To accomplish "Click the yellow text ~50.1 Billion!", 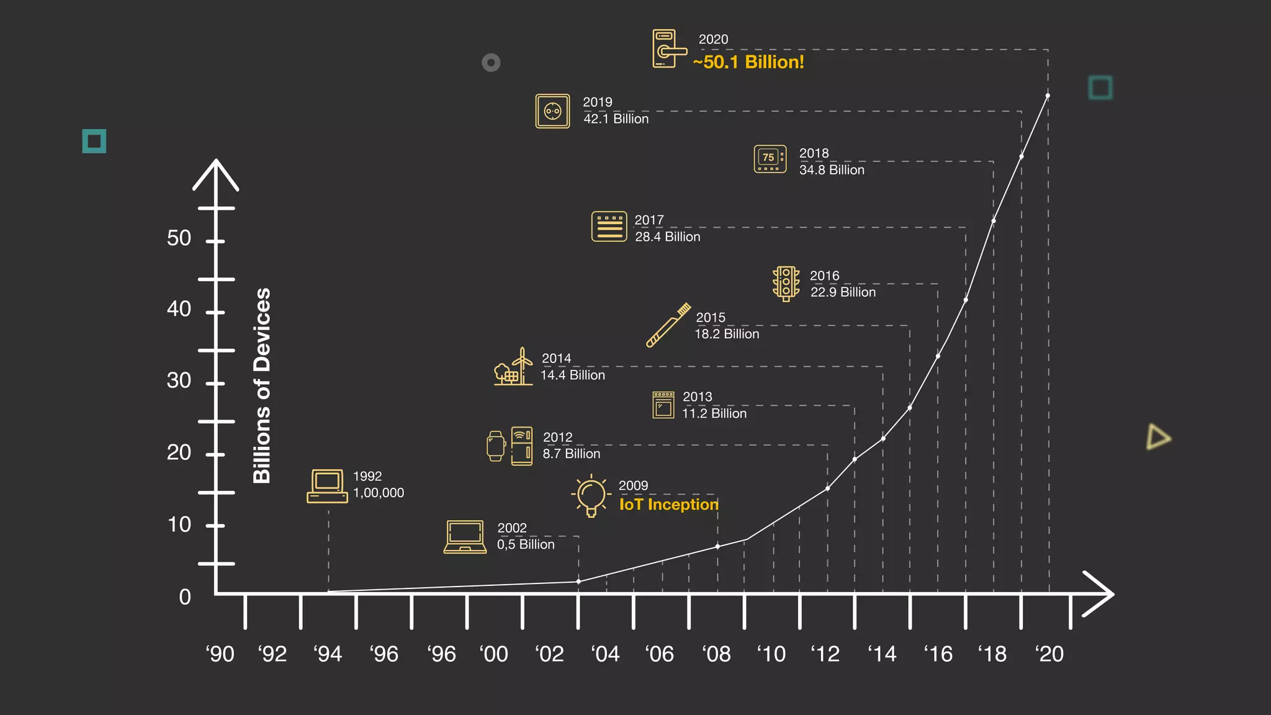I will click(x=748, y=62).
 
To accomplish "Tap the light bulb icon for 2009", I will click(x=590, y=495).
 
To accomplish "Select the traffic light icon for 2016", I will click(x=786, y=284).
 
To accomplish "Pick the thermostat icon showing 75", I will click(x=770, y=159).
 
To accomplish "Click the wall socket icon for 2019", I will click(x=552, y=111).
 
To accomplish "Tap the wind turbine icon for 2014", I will click(x=514, y=367).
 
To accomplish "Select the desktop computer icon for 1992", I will click(x=327, y=486).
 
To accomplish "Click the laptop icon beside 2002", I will click(x=465, y=536).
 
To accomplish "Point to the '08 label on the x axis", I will click(x=716, y=654).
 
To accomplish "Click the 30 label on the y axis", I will click(x=179, y=380).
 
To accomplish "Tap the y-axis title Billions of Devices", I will click(x=262, y=385).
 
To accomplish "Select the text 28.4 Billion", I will click(x=667, y=237).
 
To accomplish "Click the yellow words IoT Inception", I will click(x=668, y=505).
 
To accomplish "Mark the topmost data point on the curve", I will click(x=1048, y=96).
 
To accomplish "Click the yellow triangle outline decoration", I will click(x=1157, y=437).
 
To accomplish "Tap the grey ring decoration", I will click(x=491, y=63).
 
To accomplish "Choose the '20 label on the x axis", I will click(x=1049, y=654).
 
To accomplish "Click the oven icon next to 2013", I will click(x=663, y=405).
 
